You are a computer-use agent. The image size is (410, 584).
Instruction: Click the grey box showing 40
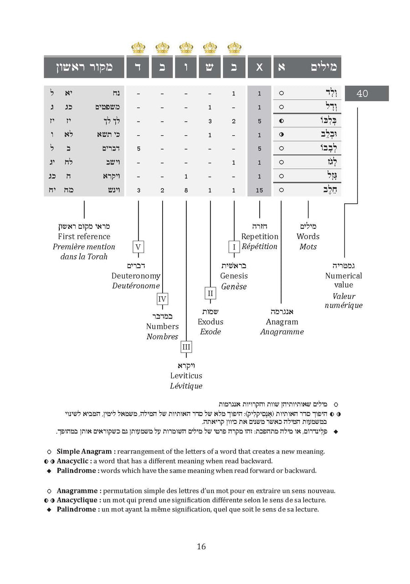click(366, 93)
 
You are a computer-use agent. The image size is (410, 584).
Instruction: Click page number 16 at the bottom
click(201, 546)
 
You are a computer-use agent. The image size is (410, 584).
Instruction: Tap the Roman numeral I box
click(234, 248)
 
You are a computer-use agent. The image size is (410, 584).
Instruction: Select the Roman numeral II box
click(210, 293)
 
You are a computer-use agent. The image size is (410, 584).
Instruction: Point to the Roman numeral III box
click(186, 347)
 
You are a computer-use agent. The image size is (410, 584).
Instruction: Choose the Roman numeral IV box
click(162, 299)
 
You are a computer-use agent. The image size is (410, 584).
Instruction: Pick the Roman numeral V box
click(138, 248)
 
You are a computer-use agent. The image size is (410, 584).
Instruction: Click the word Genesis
click(234, 276)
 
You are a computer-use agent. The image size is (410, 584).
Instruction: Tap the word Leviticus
click(186, 376)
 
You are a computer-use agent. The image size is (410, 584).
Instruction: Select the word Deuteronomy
click(136, 276)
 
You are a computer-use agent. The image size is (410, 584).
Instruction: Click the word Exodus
click(210, 322)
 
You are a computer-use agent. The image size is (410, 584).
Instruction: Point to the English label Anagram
click(282, 322)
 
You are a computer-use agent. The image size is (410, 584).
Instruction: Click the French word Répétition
click(259, 247)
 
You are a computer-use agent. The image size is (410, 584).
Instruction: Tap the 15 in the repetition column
click(259, 190)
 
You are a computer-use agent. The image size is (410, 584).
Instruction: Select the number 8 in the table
click(186, 190)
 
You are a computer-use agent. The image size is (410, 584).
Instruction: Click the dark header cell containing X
click(259, 67)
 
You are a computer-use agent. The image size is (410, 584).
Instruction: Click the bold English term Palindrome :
click(77, 470)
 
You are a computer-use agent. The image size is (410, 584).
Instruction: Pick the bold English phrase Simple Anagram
click(85, 451)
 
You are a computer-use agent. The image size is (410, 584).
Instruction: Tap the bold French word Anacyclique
click(77, 500)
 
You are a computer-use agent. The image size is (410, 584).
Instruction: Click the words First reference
click(84, 236)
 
